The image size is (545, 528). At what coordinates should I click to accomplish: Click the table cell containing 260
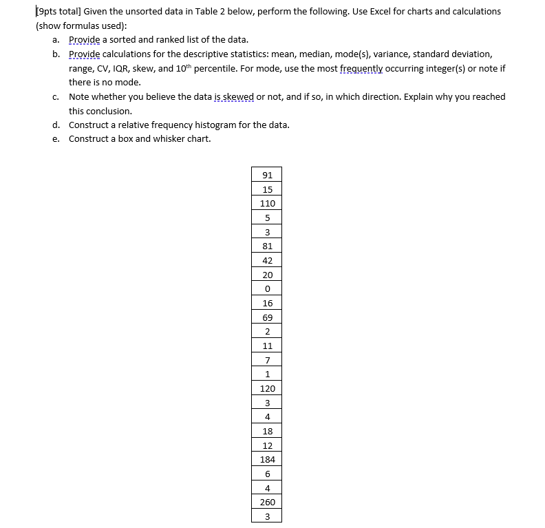(x=268, y=503)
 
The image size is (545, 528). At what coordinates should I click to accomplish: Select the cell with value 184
(x=268, y=459)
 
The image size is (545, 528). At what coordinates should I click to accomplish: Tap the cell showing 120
(x=268, y=388)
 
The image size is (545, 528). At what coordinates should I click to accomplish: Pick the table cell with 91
(x=268, y=175)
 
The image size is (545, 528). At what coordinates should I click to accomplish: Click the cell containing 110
(x=268, y=203)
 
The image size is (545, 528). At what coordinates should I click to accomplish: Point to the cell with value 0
(x=268, y=288)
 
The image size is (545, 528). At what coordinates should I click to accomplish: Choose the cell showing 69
(x=268, y=317)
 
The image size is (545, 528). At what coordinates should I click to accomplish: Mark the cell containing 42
(x=268, y=260)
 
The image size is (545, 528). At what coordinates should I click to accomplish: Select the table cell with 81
(x=268, y=246)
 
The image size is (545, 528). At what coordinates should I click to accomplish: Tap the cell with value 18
(x=268, y=431)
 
